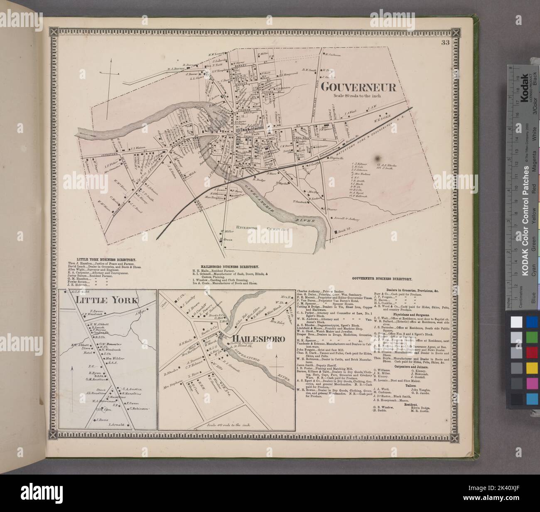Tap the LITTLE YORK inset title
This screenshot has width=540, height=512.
pos(109,300)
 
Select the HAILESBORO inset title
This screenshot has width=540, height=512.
pos(256,340)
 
